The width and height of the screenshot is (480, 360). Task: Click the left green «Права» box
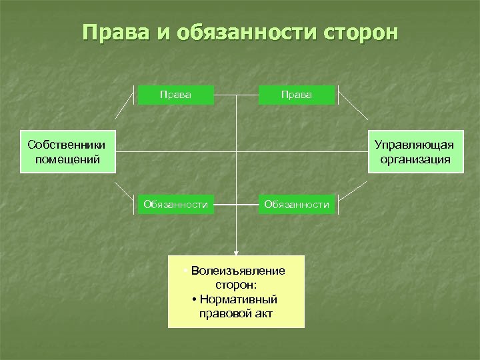[x=175, y=95]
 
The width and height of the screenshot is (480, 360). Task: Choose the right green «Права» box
[x=296, y=95]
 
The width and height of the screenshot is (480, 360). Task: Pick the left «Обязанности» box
[x=175, y=204]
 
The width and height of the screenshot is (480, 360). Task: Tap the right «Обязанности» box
[x=296, y=204]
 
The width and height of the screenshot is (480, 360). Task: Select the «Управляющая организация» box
[x=414, y=151]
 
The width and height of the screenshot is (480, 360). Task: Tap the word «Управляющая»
[x=414, y=144]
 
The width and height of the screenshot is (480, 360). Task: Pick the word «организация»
[x=414, y=159]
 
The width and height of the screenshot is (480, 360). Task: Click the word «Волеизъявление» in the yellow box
[x=237, y=271]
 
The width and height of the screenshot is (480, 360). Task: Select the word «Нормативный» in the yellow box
[x=238, y=299]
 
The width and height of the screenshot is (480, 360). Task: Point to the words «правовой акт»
[x=235, y=313]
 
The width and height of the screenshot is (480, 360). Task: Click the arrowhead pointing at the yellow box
[x=235, y=251]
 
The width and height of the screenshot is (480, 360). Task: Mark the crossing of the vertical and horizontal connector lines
[x=235, y=151]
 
